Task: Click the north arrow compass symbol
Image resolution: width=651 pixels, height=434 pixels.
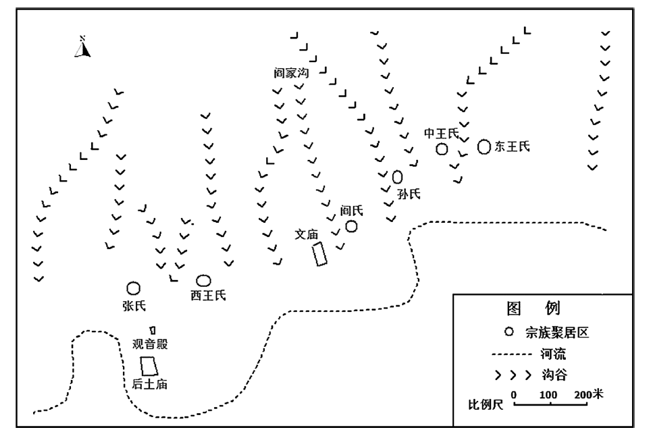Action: [x=82, y=47]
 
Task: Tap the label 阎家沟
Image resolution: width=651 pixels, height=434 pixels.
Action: [x=291, y=73]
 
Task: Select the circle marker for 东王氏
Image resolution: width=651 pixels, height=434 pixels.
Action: [x=484, y=146]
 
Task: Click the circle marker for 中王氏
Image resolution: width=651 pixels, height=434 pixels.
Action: [x=442, y=149]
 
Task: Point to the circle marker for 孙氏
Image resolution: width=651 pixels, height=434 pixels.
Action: [x=397, y=177]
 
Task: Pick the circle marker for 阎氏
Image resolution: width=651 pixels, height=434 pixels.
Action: [x=351, y=226]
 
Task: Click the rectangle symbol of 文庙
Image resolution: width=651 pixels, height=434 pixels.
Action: [x=319, y=254]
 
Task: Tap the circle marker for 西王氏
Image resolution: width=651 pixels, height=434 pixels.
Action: [x=203, y=281]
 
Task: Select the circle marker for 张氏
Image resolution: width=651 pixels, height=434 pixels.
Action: [x=133, y=288]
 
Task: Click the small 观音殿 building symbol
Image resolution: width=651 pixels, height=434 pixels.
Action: [x=153, y=330]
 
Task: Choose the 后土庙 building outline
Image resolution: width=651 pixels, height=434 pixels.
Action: [x=149, y=366]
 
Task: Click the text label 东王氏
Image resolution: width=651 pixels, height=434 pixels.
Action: [x=512, y=146]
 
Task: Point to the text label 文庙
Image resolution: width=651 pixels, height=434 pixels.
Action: [x=307, y=234]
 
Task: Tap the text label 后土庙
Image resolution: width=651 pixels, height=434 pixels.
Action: [x=149, y=384]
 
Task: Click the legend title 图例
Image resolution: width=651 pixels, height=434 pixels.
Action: [x=533, y=308]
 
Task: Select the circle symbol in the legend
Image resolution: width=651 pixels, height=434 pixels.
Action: [x=509, y=332]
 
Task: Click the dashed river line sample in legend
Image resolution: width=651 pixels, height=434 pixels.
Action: [x=511, y=354]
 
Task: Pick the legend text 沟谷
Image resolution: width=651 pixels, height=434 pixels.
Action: [x=554, y=375]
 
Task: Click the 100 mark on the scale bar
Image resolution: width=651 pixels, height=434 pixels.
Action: [x=548, y=395]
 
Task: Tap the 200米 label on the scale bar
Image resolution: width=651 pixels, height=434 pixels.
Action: [x=589, y=394]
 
